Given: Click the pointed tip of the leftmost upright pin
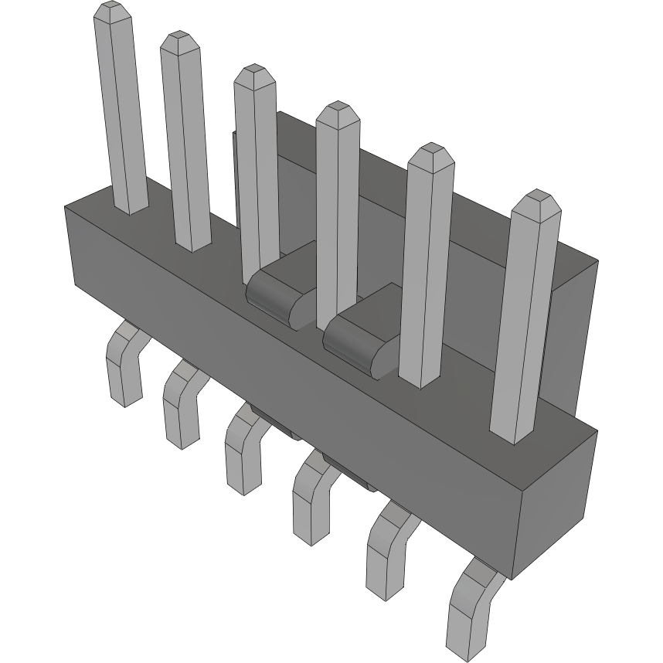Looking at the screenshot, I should coord(110,11).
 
